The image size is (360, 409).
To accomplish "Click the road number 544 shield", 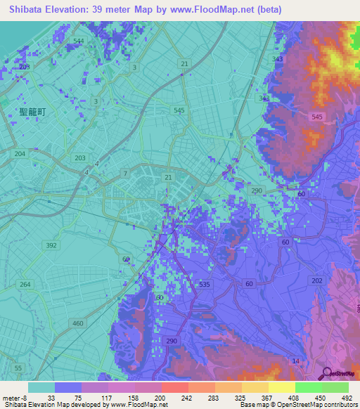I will click(x=78, y=41).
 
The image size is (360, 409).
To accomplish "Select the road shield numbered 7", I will click(x=125, y=172).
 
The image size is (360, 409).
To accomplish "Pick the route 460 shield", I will click(x=79, y=323).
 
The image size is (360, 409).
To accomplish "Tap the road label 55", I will click(x=18, y=368).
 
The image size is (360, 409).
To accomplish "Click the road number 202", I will click(x=317, y=281).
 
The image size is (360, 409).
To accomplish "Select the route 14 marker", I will click(x=296, y=361).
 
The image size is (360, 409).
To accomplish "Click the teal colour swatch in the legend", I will click(x=41, y=387).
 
